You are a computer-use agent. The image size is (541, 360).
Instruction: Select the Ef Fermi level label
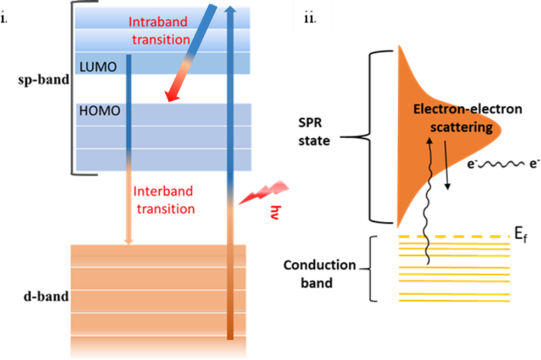[x=520, y=238]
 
